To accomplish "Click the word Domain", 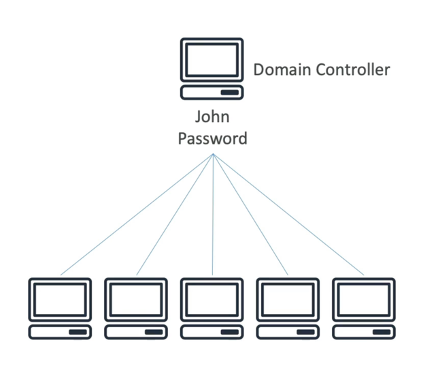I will [281, 70].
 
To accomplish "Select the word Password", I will [212, 138].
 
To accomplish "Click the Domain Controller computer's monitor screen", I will [212, 59].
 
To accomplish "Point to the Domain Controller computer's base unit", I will [212, 92].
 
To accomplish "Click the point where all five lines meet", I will [213, 155].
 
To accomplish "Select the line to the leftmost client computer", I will [136, 215].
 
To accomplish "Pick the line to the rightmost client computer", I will [289, 215].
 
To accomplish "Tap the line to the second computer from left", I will [175, 215].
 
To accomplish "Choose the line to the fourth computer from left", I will [250, 215].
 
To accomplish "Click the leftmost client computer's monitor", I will [60, 299].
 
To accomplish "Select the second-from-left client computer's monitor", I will [136, 299].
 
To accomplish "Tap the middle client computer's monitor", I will [212, 299].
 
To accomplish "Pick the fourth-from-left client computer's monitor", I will [288, 299].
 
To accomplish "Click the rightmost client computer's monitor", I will [364, 299].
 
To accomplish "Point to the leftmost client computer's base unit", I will [60, 332].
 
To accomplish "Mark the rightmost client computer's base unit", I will [364, 332].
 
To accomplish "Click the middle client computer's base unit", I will [212, 332].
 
